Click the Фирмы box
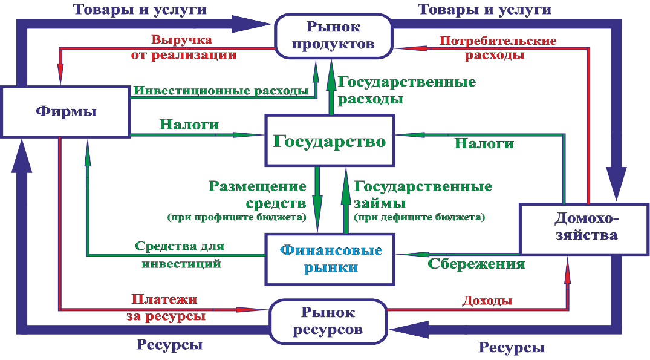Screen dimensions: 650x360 (x=65, y=111)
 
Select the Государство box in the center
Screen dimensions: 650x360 (x=330, y=140)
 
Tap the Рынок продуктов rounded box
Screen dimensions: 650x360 (x=333, y=36)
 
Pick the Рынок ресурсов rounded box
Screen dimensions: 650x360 (x=328, y=321)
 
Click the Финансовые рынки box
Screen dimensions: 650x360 (x=330, y=259)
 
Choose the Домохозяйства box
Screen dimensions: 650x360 (x=585, y=229)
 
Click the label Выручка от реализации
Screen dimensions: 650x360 (x=183, y=48)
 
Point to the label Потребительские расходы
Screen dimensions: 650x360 (x=498, y=48)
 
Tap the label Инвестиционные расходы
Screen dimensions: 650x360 (x=221, y=91)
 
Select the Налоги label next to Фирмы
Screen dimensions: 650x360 (x=189, y=125)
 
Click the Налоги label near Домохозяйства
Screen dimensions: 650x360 (x=484, y=143)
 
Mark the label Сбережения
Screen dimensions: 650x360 (x=476, y=264)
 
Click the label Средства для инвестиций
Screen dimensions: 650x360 (x=180, y=255)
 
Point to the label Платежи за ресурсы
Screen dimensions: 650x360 (x=166, y=308)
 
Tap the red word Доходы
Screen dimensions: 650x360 (x=487, y=300)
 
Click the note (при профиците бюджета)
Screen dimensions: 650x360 (x=236, y=217)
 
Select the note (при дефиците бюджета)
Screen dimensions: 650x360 (x=419, y=217)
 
